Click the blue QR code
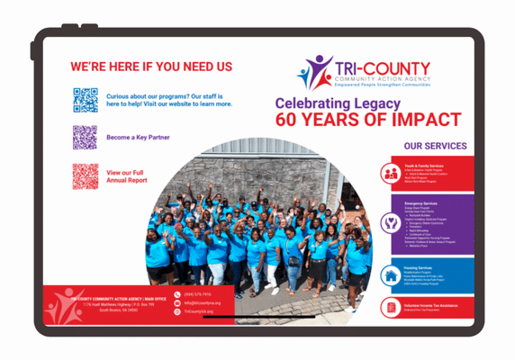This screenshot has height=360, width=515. coord(86,99)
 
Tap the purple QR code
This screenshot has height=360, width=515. coord(85,138)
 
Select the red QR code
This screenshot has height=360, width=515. coord(85,175)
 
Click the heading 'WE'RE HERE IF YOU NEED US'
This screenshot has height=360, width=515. coord(151,67)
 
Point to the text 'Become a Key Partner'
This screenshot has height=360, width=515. coord(138,138)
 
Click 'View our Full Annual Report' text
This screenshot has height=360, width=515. coord(127,175)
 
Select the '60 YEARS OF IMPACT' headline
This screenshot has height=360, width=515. coord(368,120)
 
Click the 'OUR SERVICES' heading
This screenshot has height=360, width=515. coord(435,146)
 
